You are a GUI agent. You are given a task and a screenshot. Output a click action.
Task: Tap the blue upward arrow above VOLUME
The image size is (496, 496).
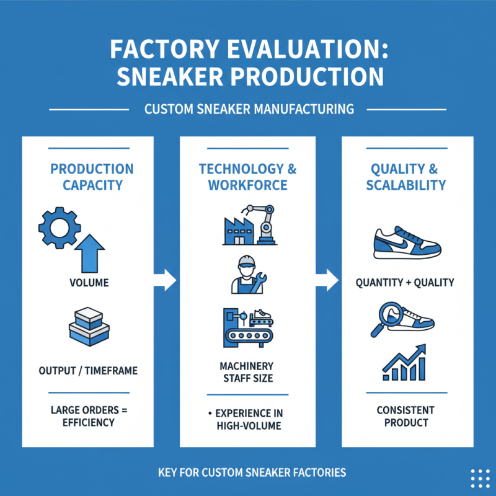click(x=89, y=253)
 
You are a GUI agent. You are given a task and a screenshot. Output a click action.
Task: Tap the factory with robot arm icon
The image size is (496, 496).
click(x=248, y=225)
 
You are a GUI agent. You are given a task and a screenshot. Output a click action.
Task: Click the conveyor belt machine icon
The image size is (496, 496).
click(x=248, y=327)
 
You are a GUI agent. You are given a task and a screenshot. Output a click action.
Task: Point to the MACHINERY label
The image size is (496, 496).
click(x=247, y=366)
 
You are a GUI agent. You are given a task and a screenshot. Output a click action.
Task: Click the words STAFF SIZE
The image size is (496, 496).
click(x=247, y=378)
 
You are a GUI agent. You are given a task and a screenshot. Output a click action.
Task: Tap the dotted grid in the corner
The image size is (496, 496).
click(x=480, y=478)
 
